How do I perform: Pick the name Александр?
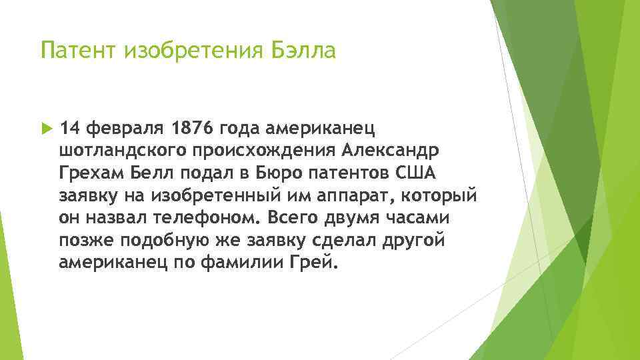[382, 150]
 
